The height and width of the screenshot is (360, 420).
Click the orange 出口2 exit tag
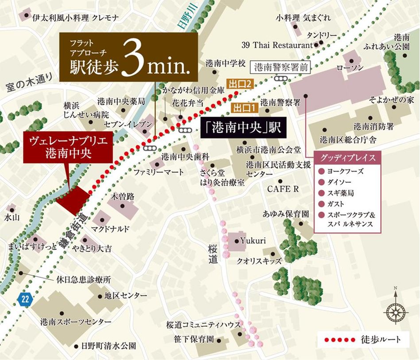[x=240, y=83]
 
